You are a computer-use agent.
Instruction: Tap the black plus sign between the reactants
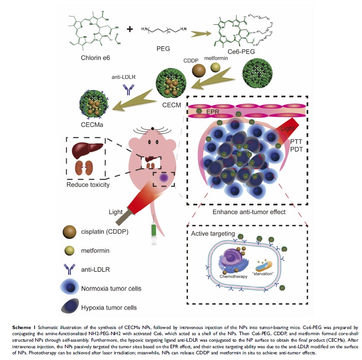(130, 30)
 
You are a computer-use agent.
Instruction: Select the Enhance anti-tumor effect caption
(249, 212)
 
